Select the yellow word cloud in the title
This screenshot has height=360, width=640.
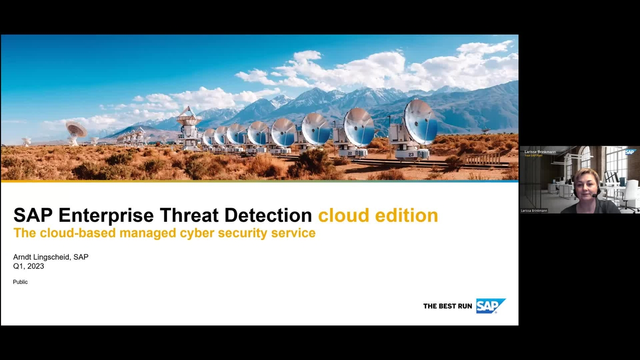340,215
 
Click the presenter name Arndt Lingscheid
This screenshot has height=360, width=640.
42,257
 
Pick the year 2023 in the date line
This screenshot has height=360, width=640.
35,266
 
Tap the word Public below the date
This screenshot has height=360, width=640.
20,282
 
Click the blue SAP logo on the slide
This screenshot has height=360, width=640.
490,306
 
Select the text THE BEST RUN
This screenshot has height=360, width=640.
447,306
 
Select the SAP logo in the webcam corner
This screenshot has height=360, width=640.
631,152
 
